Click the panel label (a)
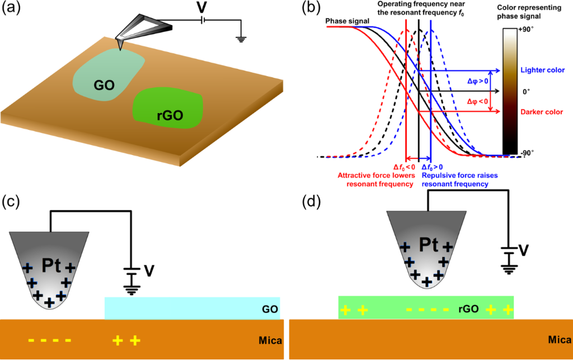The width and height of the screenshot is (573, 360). pos(14,9)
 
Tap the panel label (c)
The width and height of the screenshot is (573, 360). pos(14,201)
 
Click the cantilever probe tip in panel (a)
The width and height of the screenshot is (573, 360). pos(120,42)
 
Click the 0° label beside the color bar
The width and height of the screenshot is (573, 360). pos(525,91)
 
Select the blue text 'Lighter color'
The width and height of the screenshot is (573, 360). pos(541,71)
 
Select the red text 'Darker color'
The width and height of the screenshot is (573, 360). pos(541,111)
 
